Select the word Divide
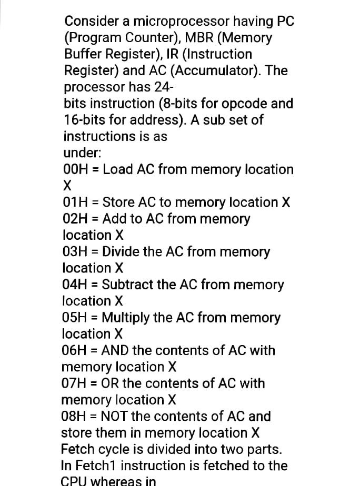(122, 252)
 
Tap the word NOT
(114, 417)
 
